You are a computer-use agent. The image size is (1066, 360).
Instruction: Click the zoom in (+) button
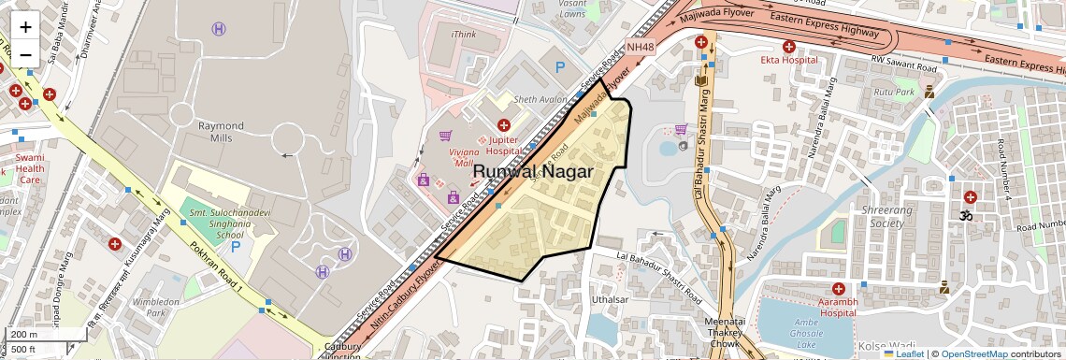[25, 27]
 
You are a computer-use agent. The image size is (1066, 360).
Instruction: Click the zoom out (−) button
[25, 54]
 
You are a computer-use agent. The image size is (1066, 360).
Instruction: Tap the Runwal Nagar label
[533, 171]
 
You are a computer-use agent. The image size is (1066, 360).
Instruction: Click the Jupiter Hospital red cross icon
[504, 125]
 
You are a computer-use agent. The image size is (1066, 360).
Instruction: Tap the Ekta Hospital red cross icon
[789, 46]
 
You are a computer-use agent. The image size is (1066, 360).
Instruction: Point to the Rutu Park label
[893, 93]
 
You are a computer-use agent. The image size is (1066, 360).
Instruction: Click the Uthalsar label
[611, 299]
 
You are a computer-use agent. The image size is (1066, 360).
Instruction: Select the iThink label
[464, 35]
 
